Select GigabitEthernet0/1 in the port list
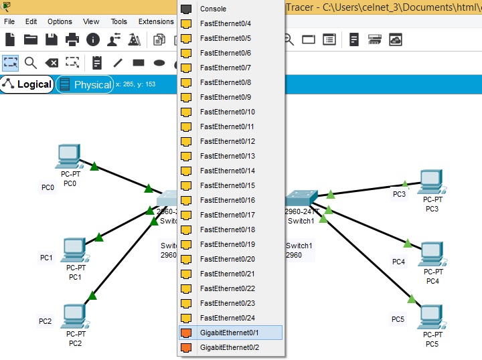coord(229,333)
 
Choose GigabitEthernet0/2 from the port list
coord(229,347)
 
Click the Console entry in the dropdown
coord(213,9)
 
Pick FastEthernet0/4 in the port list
coord(225,23)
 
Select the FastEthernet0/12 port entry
coord(227,141)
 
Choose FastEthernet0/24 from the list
coord(227,318)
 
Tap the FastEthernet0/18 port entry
coord(227,230)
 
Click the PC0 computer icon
coord(69,156)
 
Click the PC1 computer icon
coord(74,250)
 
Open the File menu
coord(9,21)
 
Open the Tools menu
coord(118,21)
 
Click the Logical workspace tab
coord(27,84)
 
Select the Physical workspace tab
coord(85,85)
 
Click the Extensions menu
coord(155,21)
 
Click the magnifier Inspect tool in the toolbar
coord(30,63)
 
